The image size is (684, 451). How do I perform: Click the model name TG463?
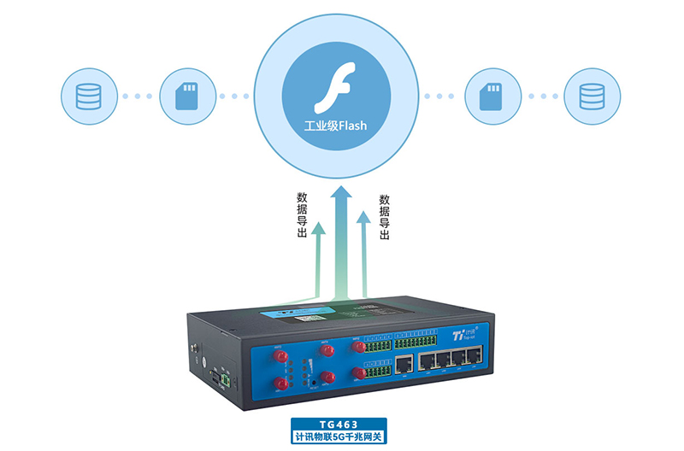click(339, 424)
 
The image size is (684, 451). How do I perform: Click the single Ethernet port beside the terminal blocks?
click(403, 365)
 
